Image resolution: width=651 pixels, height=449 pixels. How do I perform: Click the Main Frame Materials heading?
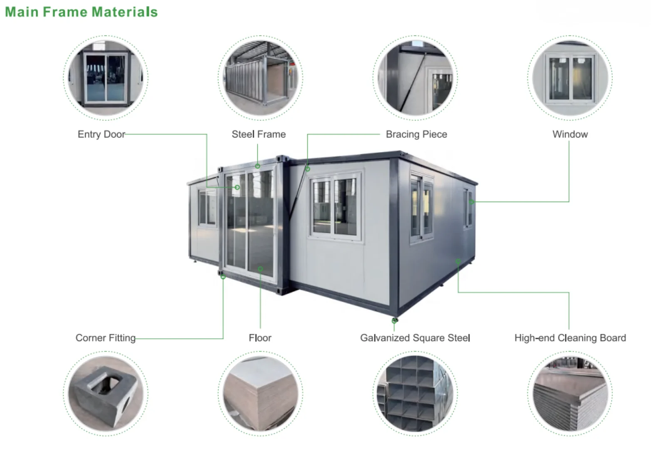pyautogui.click(x=81, y=12)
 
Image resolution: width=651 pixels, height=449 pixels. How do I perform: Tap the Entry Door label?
pyautogui.click(x=101, y=134)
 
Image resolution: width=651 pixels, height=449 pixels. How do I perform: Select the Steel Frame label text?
pyautogui.click(x=258, y=134)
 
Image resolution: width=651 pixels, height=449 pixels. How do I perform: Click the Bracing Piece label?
pyautogui.click(x=416, y=134)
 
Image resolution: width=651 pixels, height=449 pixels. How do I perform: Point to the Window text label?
pyautogui.click(x=570, y=134)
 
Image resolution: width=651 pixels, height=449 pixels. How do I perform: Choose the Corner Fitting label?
pyautogui.click(x=105, y=338)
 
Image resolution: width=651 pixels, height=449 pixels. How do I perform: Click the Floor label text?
pyautogui.click(x=260, y=338)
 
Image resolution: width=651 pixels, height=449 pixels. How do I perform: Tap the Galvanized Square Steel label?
pyautogui.click(x=415, y=338)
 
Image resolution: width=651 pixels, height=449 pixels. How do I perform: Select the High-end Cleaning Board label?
pyautogui.click(x=570, y=338)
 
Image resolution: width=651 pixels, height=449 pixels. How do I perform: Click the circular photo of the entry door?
pyautogui.click(x=105, y=78)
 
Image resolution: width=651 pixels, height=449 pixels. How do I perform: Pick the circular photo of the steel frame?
pyautogui.click(x=260, y=78)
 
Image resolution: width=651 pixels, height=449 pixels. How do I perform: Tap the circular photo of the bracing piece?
pyautogui.click(x=415, y=78)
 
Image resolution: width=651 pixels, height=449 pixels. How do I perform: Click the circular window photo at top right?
pyautogui.click(x=570, y=78)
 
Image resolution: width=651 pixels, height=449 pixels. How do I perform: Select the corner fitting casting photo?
pyautogui.click(x=105, y=393)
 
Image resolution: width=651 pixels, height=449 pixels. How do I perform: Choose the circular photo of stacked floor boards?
pyautogui.click(x=260, y=393)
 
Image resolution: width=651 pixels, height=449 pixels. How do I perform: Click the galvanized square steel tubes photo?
pyautogui.click(x=415, y=393)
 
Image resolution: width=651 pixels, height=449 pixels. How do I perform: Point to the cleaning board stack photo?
pyautogui.click(x=570, y=393)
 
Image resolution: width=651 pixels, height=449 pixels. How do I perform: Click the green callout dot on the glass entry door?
pyautogui.click(x=237, y=187)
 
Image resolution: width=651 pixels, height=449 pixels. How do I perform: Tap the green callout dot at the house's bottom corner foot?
pyautogui.click(x=394, y=321)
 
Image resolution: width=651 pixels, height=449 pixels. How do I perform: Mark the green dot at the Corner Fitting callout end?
pyautogui.click(x=223, y=277)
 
